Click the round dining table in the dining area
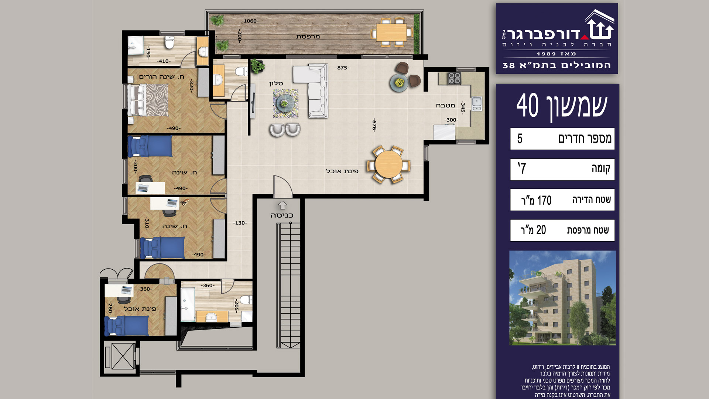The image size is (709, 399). [388, 164]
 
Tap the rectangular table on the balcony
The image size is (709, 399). [391, 32]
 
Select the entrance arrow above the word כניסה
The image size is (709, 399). [282, 205]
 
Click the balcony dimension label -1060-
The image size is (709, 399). [250, 21]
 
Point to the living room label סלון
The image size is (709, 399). [276, 83]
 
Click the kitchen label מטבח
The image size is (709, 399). [445, 105]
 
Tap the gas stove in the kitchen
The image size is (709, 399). [455, 78]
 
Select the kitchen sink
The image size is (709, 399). [477, 104]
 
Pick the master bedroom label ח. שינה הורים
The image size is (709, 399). [161, 76]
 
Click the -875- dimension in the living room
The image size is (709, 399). [342, 68]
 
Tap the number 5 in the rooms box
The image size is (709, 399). [520, 139]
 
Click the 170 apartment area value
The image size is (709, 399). [544, 200]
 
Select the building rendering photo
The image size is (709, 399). [562, 298]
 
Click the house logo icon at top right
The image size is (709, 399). [600, 25]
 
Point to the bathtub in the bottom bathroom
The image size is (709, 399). [188, 305]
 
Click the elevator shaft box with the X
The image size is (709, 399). [123, 356]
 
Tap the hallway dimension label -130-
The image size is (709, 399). [240, 223]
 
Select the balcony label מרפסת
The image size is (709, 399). [308, 37]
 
